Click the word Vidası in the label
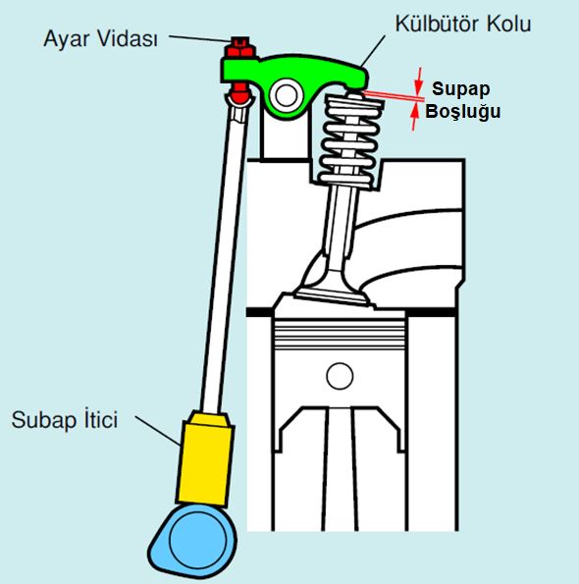(126, 38)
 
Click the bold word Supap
(460, 89)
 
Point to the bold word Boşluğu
(463, 111)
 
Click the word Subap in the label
(43, 420)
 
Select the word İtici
(99, 419)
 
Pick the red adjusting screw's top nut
(239, 47)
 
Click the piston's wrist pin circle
(340, 376)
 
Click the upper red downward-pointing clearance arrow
(419, 80)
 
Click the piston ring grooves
(340, 335)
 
